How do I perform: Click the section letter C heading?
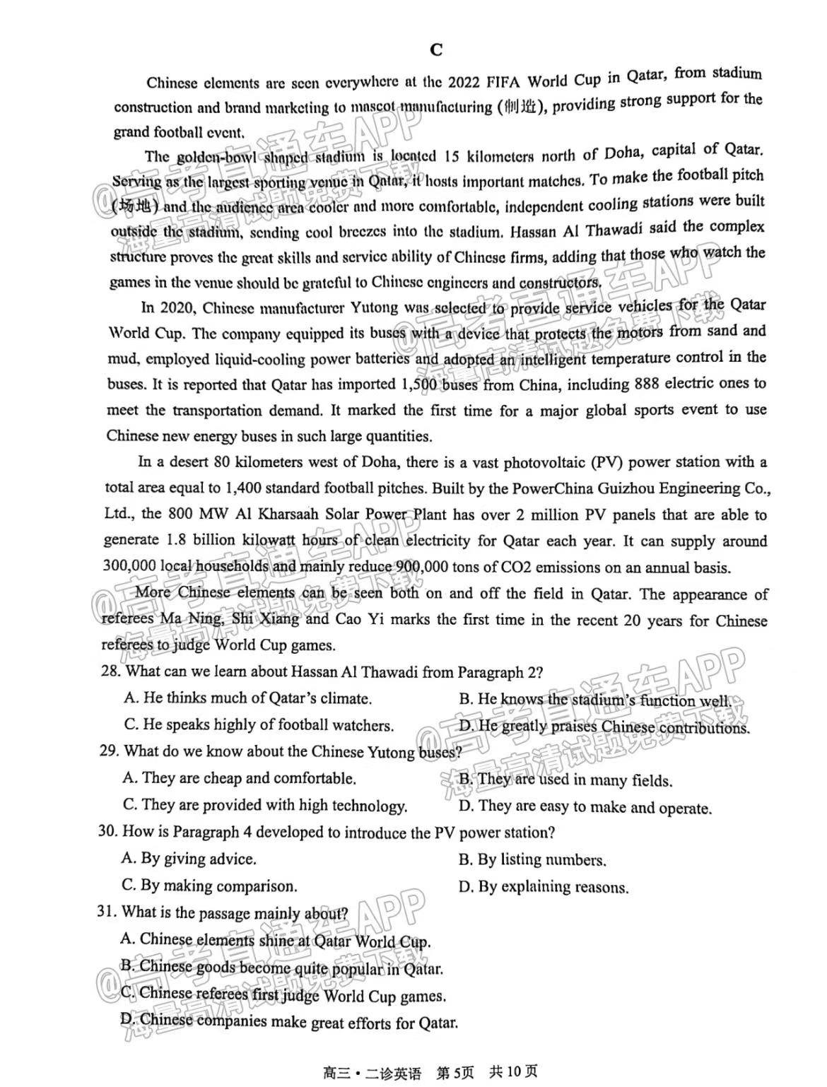pyautogui.click(x=436, y=49)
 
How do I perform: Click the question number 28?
pyautogui.click(x=111, y=671)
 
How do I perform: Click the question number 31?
pyautogui.click(x=107, y=912)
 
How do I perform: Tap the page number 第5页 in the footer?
pyautogui.click(x=454, y=1072)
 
